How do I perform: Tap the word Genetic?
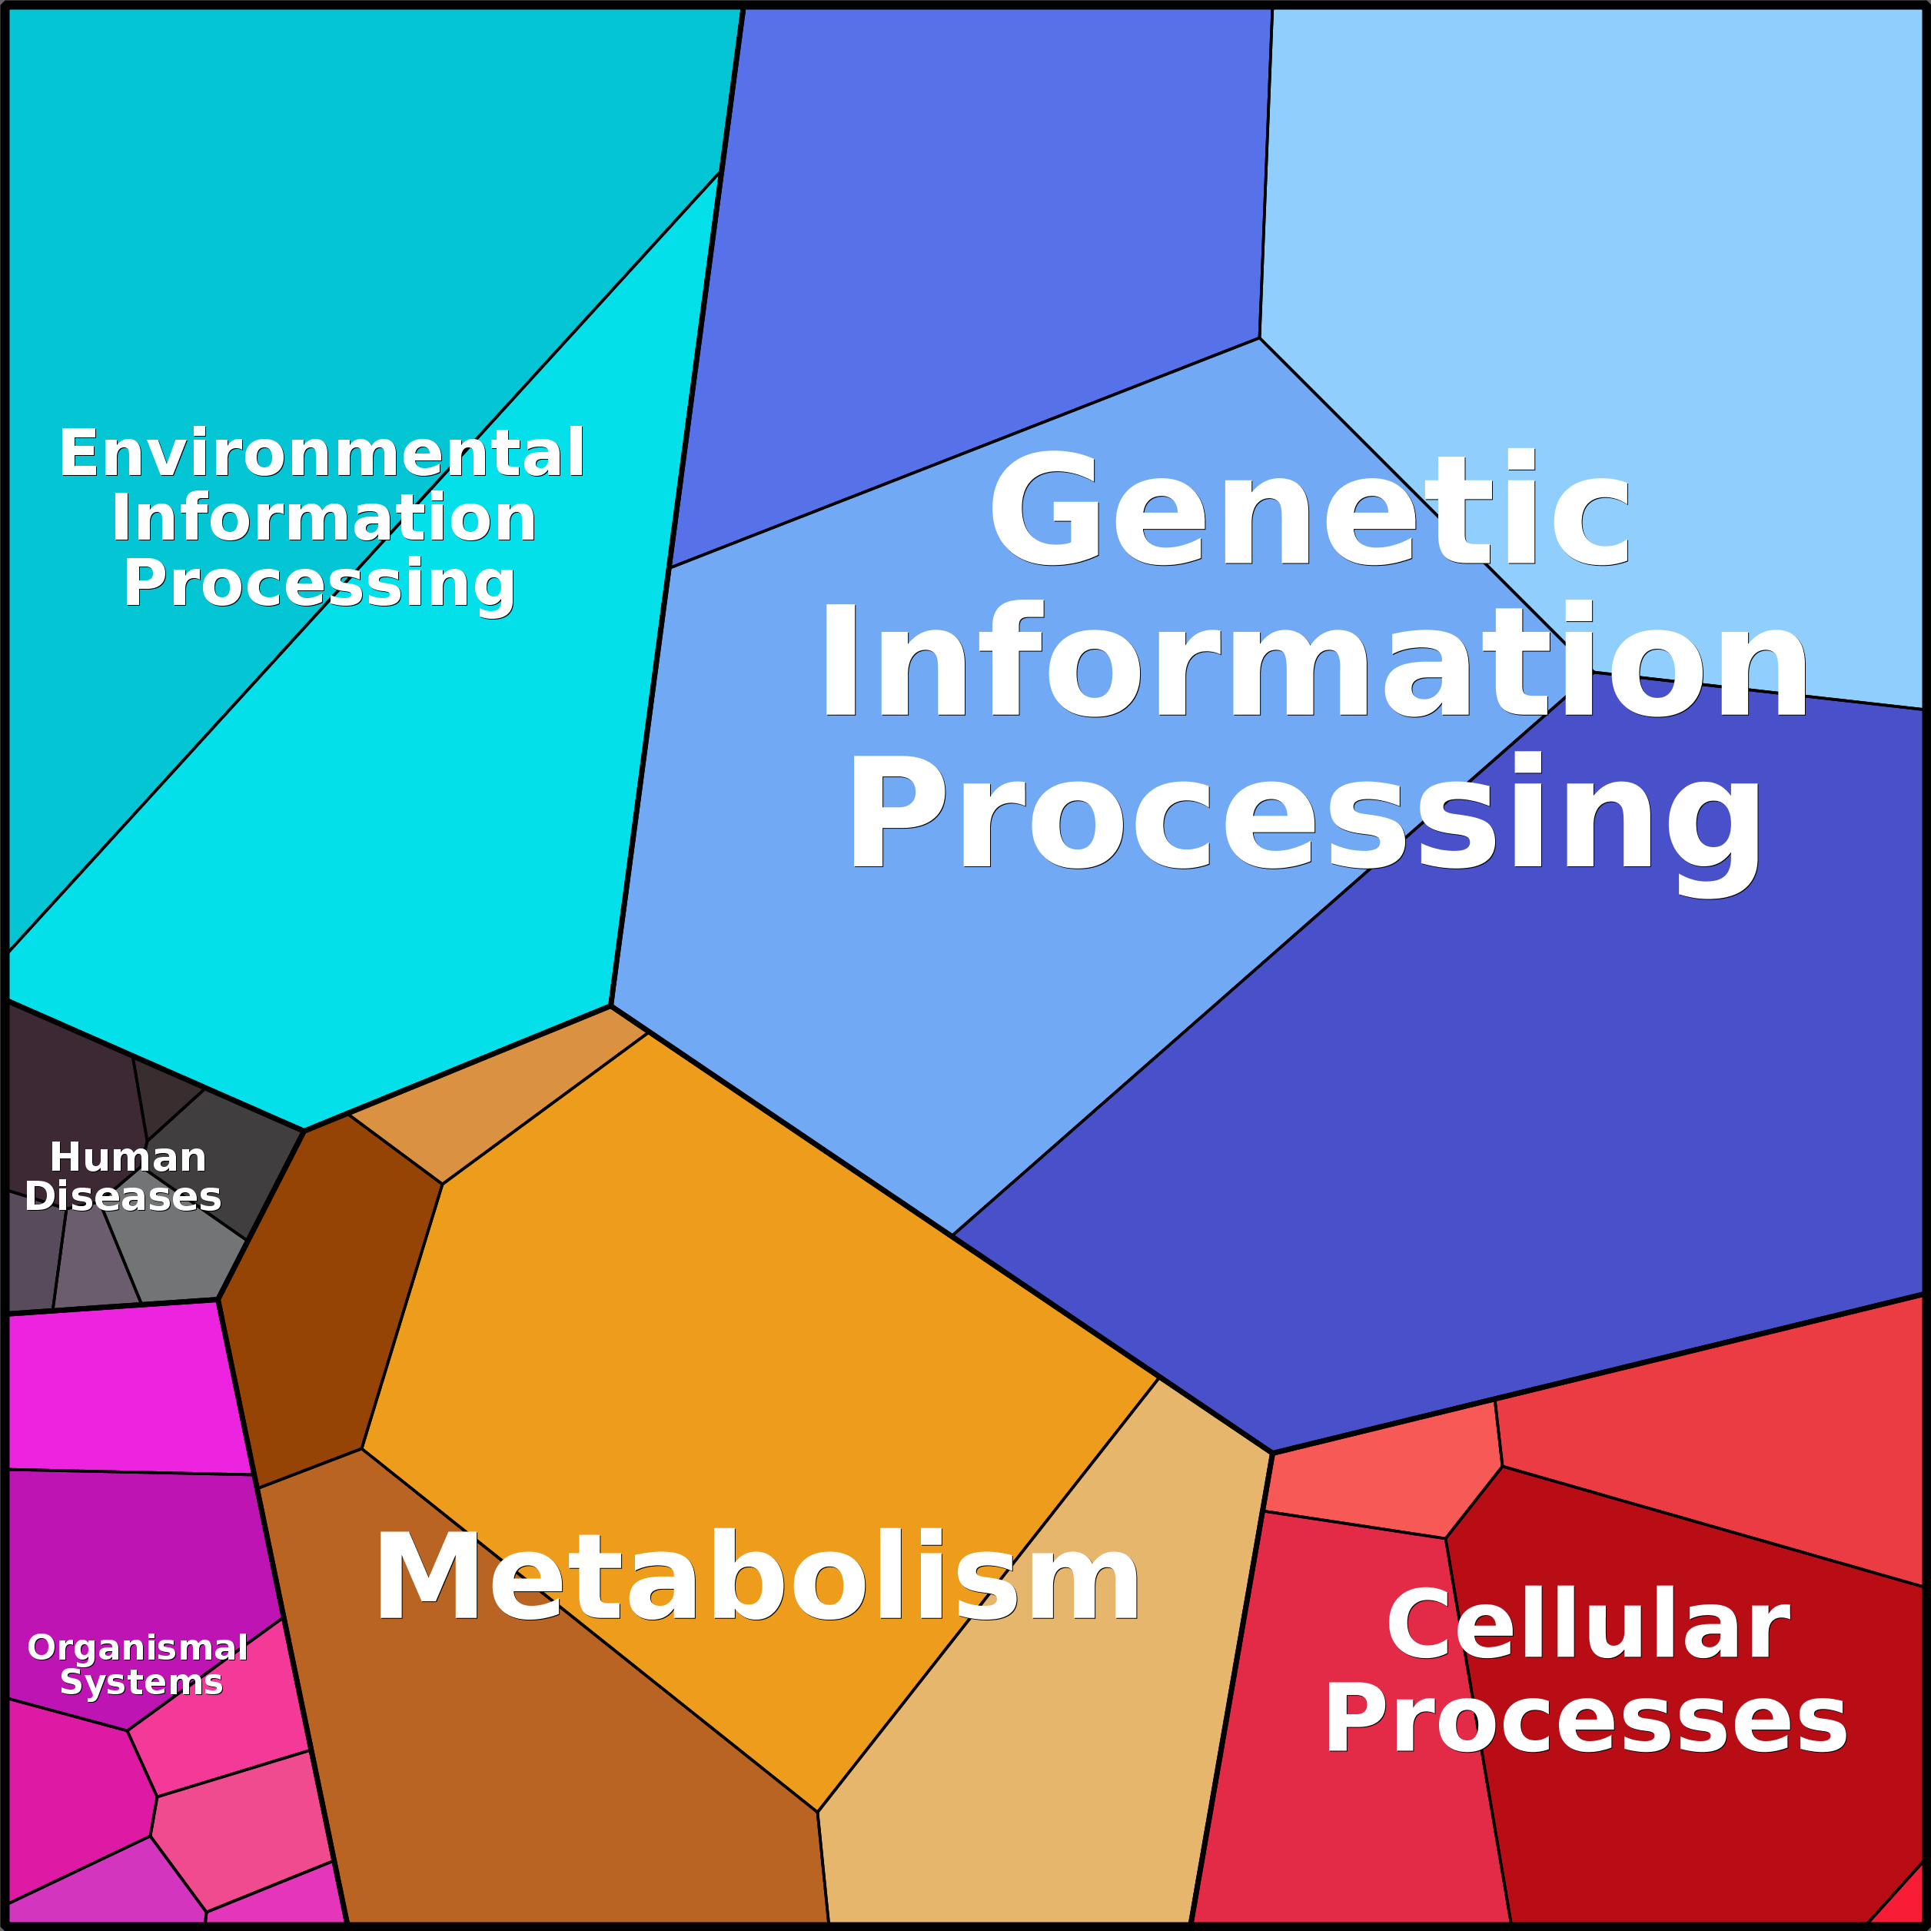(x=1309, y=510)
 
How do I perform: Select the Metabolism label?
(x=756, y=1579)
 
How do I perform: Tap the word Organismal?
(x=138, y=1647)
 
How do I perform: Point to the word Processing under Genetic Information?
(x=1305, y=815)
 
